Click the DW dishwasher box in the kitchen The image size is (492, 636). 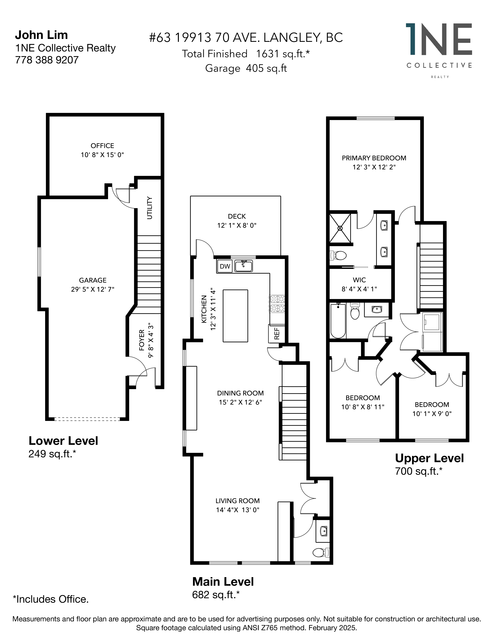[x=225, y=266]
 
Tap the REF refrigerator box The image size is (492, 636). [x=276, y=333]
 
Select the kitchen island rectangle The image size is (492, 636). [x=235, y=316]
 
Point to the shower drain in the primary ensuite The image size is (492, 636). [x=340, y=228]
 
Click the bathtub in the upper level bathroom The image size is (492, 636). [x=338, y=321]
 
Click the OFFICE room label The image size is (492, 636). [x=102, y=146]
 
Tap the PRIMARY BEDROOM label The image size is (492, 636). [x=374, y=158]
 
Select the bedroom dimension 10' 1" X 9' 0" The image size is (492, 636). [x=432, y=414]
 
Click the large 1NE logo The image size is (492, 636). [x=439, y=39]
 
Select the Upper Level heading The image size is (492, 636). [x=429, y=458]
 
